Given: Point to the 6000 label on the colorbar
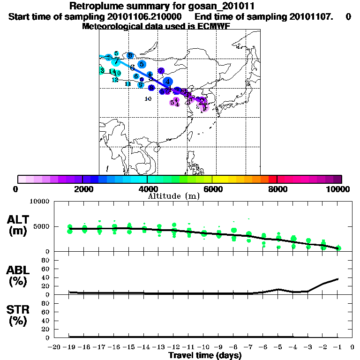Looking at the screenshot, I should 212,189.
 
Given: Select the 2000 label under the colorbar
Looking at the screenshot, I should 82,189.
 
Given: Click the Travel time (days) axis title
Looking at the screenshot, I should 205,356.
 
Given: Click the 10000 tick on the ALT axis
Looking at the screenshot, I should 41,202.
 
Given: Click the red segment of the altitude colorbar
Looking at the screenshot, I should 273,179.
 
